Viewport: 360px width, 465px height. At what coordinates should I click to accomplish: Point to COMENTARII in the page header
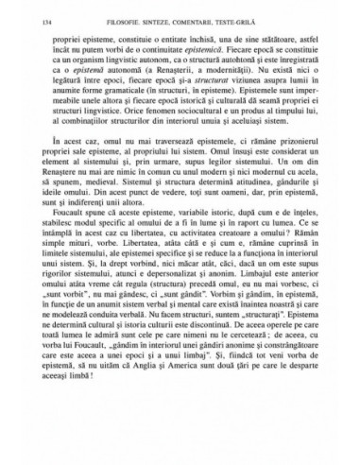tap(214, 9)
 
